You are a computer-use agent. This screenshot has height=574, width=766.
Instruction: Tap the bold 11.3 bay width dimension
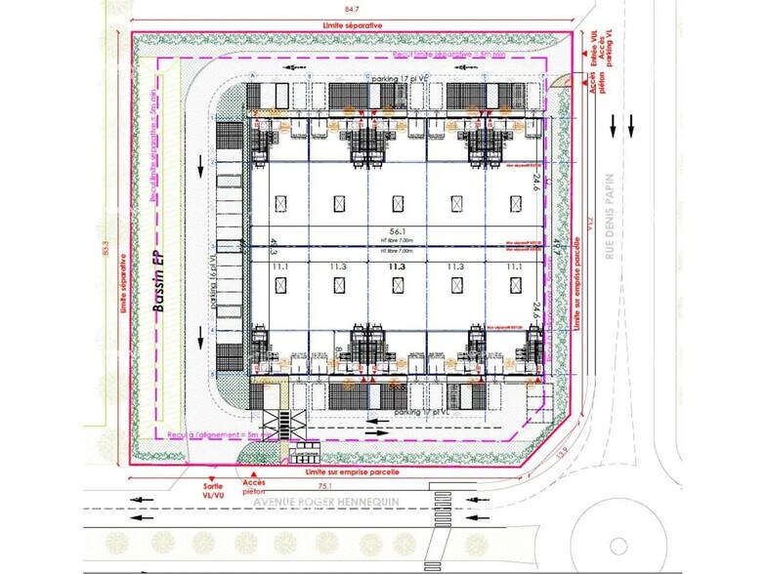click(x=396, y=265)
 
